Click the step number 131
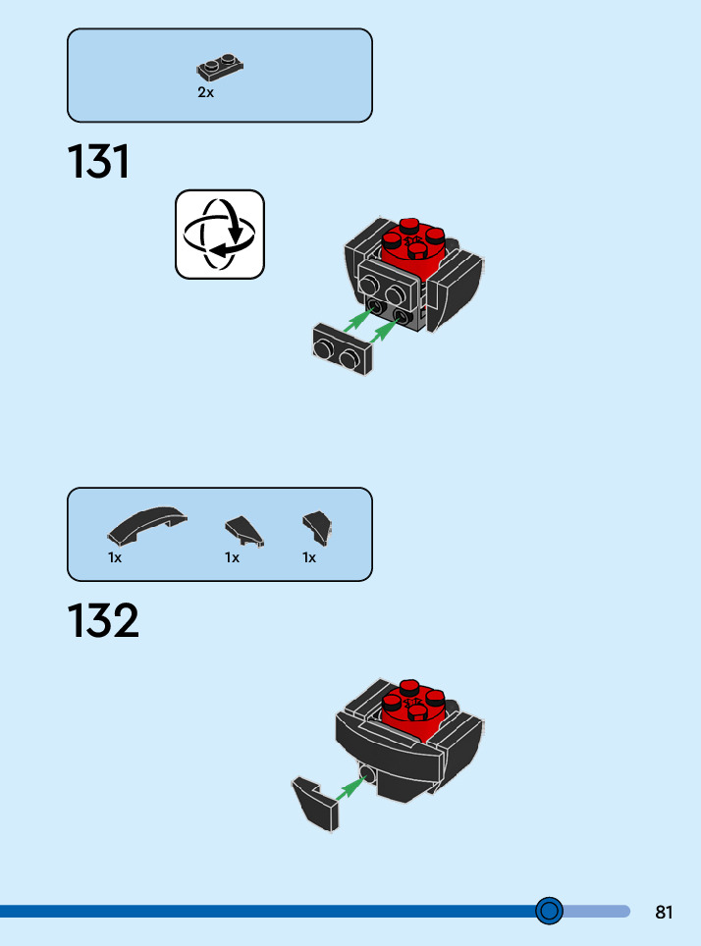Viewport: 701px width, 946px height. [x=98, y=162]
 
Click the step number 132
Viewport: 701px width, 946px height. [x=103, y=621]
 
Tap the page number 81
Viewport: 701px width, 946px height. [x=664, y=913]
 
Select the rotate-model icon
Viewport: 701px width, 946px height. [x=220, y=235]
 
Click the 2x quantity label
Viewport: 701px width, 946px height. [x=205, y=93]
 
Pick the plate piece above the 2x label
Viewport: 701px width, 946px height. [x=220, y=68]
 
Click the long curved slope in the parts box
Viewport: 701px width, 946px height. [x=147, y=527]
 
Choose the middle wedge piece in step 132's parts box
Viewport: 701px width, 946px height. [x=244, y=531]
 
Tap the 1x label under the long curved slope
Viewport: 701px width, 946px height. [x=115, y=557]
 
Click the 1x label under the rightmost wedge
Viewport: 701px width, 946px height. [x=309, y=557]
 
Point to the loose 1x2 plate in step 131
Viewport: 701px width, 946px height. [x=341, y=350]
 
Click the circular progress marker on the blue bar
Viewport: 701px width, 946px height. [x=550, y=912]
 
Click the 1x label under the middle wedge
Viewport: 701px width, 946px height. [x=232, y=557]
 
